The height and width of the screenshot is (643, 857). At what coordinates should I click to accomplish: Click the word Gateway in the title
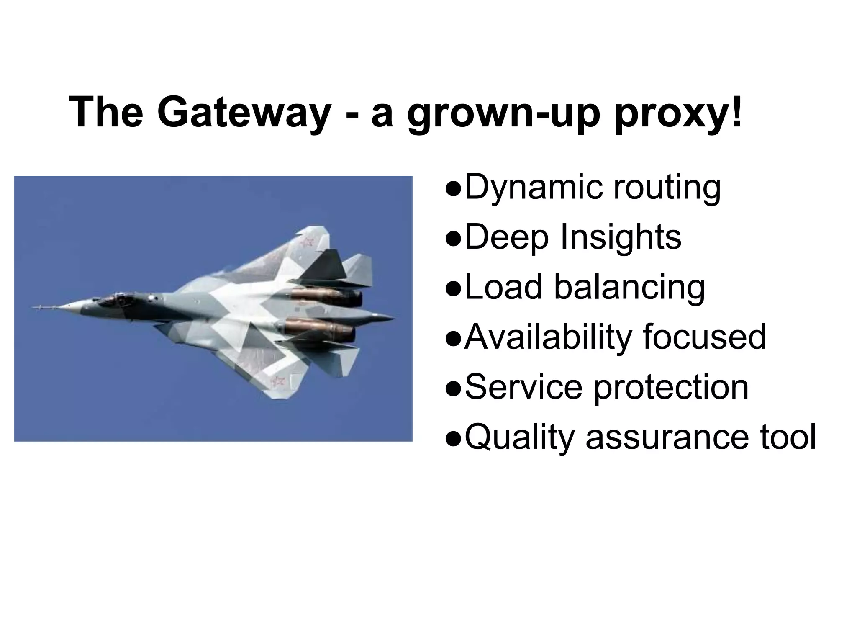tap(244, 113)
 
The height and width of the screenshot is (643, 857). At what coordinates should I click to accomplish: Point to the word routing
tap(667, 188)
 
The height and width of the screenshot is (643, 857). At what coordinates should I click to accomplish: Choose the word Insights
tap(621, 237)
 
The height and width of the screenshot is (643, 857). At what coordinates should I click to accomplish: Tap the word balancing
tap(629, 287)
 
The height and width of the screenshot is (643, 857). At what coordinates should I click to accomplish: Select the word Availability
tap(548, 337)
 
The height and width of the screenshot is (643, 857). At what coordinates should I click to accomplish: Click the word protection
tap(671, 387)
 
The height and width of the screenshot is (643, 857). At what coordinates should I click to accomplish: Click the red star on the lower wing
tap(277, 381)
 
